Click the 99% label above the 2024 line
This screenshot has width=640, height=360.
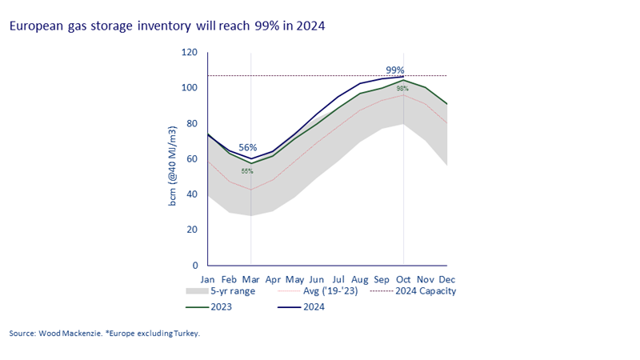394,70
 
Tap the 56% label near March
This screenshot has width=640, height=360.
248,148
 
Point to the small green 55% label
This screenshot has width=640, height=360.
247,171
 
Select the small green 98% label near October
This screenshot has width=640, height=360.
402,89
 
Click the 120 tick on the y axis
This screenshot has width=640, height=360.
190,52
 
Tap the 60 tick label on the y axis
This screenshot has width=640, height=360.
192,158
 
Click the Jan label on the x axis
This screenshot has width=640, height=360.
208,279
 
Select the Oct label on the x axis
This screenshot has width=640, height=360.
402,279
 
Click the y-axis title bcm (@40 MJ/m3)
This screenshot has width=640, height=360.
172,158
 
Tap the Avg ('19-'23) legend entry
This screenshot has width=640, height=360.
337,291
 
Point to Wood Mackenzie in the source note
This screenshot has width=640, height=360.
74,333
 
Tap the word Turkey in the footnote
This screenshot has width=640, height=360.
184,333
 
